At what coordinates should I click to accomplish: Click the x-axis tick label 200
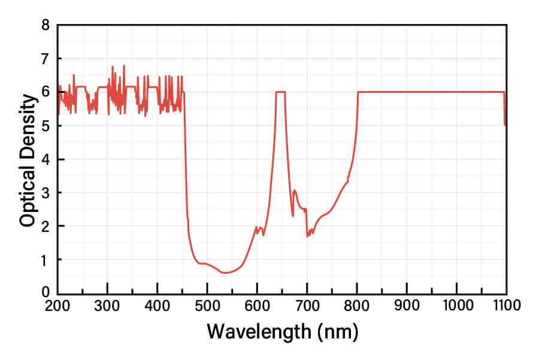tap(57, 305)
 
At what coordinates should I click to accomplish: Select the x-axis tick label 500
tap(207, 305)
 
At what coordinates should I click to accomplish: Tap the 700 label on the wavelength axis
tap(307, 305)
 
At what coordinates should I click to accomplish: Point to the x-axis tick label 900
tap(407, 305)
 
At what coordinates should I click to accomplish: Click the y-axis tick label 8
tap(46, 26)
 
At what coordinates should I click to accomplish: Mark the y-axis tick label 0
tap(46, 292)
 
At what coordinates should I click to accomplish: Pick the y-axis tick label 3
tap(46, 193)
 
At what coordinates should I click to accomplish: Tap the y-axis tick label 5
tap(46, 126)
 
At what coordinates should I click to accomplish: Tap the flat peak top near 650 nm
tap(280, 92)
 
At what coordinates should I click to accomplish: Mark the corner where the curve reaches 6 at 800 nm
tap(358, 92)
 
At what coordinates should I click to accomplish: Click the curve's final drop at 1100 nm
tap(505, 111)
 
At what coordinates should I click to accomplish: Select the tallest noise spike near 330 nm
tap(124, 66)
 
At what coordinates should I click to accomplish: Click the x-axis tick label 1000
tap(456, 305)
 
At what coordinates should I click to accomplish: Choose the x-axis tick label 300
tap(108, 305)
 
